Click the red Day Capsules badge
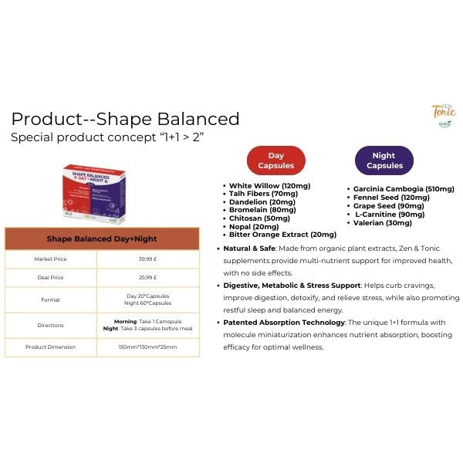click(276, 161)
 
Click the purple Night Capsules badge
click(384, 161)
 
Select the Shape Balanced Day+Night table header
click(102, 239)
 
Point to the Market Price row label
click(51, 259)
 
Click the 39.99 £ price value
click(147, 259)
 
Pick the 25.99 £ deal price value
click(147, 277)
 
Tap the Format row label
click(51, 299)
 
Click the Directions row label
click(51, 326)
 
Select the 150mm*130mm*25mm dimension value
click(147, 347)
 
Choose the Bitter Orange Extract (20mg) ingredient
click(282, 235)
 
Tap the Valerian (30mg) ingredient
click(383, 223)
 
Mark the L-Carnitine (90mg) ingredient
click(390, 215)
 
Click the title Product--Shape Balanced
click(125, 119)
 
